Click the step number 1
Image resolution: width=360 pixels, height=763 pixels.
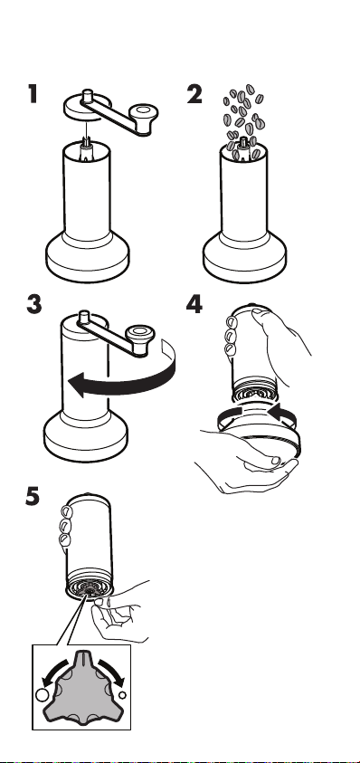[33, 94]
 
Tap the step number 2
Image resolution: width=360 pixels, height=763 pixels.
[194, 94]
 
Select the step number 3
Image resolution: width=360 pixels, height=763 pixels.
[34, 305]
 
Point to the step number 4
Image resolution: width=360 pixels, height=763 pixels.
[194, 305]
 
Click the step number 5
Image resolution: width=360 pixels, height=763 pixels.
[33, 496]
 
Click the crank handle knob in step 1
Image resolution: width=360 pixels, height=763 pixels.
[144, 116]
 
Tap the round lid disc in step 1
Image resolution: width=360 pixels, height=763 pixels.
[87, 108]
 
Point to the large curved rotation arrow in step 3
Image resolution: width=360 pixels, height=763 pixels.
[131, 385]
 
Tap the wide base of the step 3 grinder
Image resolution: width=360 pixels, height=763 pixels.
[86, 435]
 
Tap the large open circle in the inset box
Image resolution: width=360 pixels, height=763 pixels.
[43, 694]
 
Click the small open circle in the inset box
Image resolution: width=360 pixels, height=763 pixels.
[122, 695]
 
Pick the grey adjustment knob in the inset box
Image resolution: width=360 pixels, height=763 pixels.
[81, 687]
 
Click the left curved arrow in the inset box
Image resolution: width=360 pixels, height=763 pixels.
[52, 672]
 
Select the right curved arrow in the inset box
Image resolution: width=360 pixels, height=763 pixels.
[112, 672]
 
